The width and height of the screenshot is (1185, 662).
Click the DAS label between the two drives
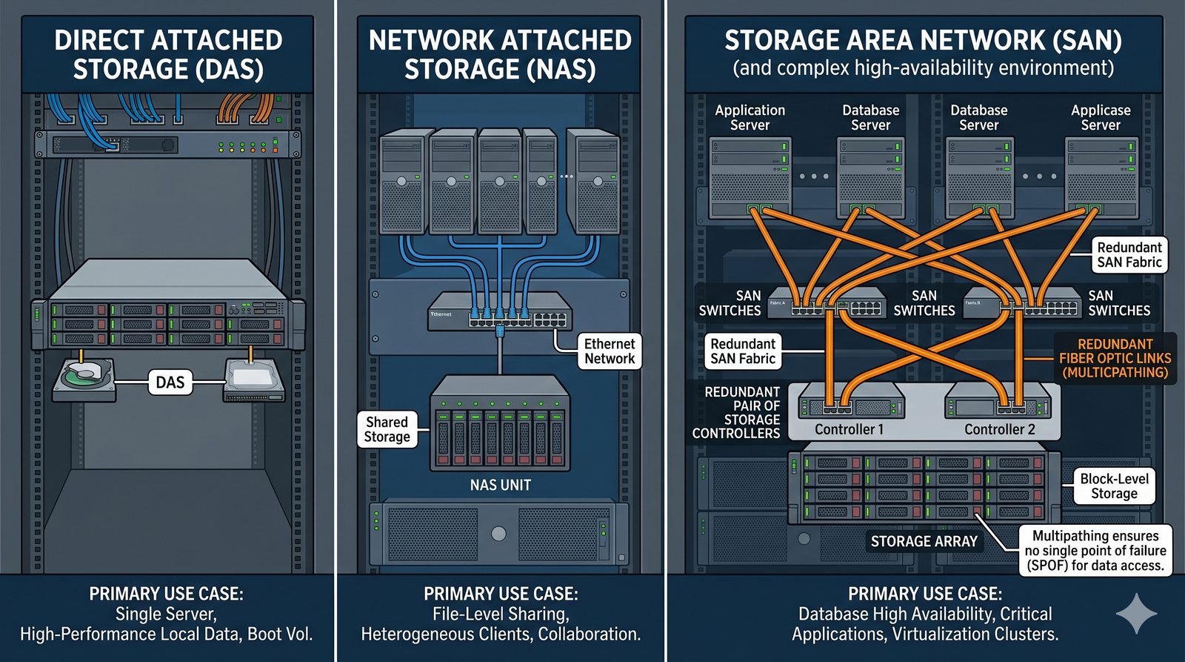(x=170, y=383)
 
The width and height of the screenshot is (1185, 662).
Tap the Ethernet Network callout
(x=609, y=351)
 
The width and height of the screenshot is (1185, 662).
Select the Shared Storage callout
(x=387, y=429)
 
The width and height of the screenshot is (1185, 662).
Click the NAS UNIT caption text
(x=500, y=485)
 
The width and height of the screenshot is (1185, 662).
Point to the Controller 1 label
(x=849, y=429)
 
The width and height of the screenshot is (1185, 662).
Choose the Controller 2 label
(x=999, y=429)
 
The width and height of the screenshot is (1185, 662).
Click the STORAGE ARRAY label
(x=924, y=541)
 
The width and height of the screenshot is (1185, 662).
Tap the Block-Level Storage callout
(x=1114, y=486)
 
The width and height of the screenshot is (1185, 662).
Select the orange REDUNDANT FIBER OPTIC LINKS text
(x=1115, y=358)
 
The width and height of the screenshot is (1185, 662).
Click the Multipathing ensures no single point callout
(x=1095, y=551)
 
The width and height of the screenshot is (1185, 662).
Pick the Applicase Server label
(x=1101, y=117)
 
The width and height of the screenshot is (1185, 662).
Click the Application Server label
(x=750, y=117)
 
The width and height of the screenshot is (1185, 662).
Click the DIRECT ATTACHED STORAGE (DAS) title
(x=168, y=54)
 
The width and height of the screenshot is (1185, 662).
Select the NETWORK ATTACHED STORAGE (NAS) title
(x=500, y=54)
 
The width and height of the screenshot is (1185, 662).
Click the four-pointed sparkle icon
(x=1136, y=612)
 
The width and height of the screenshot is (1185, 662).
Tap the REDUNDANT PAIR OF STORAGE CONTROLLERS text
(x=736, y=412)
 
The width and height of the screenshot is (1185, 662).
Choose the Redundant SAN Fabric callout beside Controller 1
(x=742, y=351)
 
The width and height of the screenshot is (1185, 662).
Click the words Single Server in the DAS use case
(x=165, y=614)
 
